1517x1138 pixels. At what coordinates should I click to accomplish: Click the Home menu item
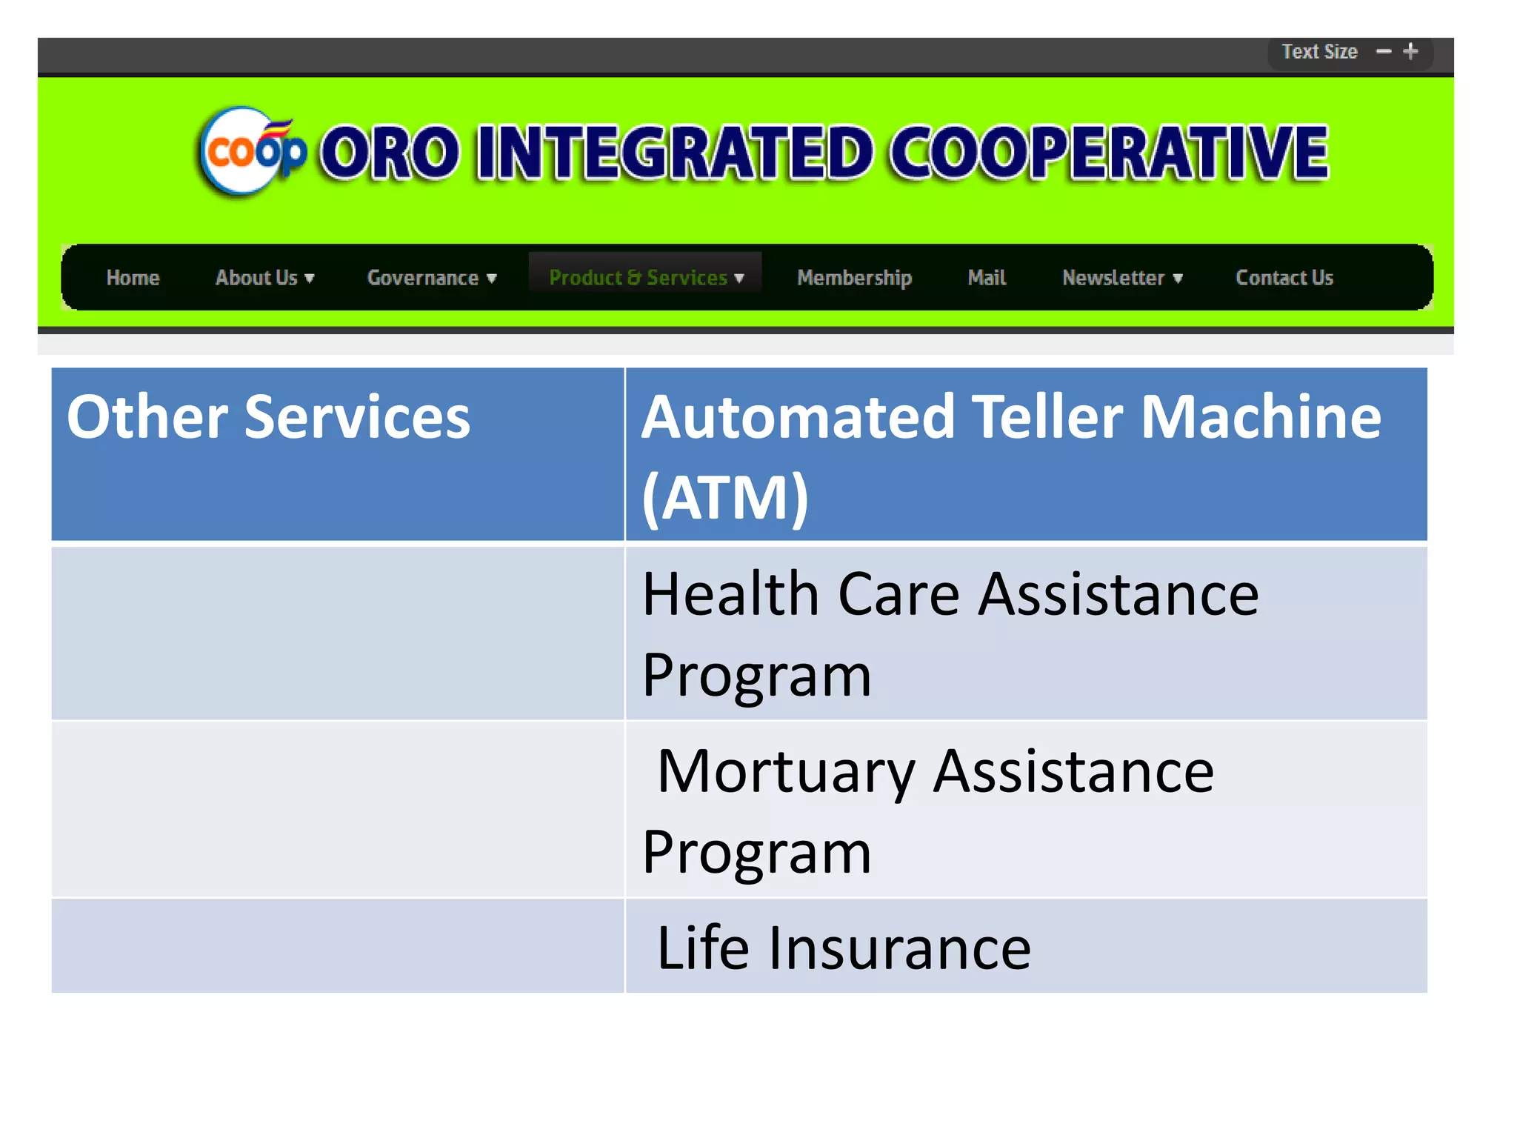coord(133,278)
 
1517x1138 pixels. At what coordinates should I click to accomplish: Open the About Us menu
coord(264,278)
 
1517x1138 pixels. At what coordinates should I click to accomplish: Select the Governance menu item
coord(431,278)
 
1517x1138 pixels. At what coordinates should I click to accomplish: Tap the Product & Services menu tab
coord(645,277)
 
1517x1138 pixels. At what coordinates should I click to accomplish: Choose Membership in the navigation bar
coord(854,278)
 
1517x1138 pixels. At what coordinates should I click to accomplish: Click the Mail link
coord(986,278)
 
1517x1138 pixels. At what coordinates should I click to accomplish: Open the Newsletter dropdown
coord(1121,278)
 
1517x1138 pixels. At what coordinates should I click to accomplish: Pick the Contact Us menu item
coord(1284,278)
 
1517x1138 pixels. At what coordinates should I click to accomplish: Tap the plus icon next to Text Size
coord(1410,51)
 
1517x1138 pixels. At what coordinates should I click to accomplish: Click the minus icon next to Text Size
coord(1383,52)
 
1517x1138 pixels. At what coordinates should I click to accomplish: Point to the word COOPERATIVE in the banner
coord(1108,153)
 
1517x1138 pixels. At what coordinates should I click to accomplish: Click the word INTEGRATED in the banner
coord(675,153)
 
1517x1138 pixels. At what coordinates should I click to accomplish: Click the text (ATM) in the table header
coord(724,498)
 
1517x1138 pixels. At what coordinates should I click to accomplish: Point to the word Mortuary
coord(786,772)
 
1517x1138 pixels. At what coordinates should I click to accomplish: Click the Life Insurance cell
coord(844,948)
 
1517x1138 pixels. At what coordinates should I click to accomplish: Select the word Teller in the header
coord(1047,417)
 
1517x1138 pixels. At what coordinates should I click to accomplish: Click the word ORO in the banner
coord(390,153)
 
